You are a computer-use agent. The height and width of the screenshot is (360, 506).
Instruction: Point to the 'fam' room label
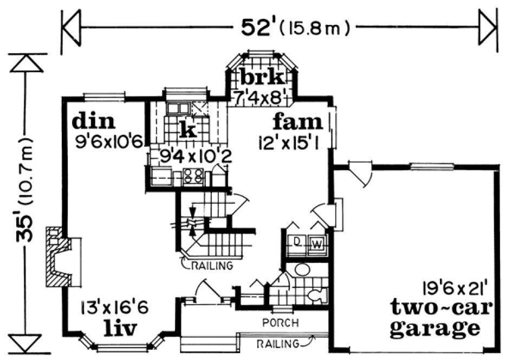pos(297,121)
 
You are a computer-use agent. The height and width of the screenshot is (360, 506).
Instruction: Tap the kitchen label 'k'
pos(187,130)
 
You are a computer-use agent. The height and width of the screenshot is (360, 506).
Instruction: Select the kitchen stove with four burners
pos(194,176)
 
